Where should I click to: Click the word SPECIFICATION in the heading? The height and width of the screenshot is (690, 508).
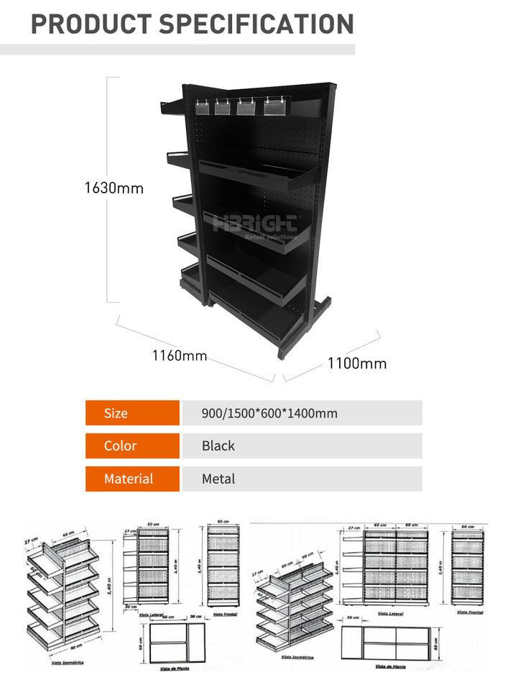coord(256,23)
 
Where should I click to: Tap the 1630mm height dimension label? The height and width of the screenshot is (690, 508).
coord(114,188)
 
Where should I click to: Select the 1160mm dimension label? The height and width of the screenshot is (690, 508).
coord(179,355)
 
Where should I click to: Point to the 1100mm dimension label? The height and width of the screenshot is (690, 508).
coord(357,363)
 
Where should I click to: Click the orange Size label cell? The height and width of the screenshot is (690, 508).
coord(132,413)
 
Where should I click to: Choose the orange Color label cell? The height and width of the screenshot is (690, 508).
coord(132,446)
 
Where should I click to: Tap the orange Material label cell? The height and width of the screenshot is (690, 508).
coord(132,479)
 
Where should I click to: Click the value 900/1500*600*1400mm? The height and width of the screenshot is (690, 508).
coord(269,413)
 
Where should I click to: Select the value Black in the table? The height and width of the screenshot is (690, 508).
coord(218,446)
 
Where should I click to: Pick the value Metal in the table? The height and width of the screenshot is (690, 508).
coord(218,479)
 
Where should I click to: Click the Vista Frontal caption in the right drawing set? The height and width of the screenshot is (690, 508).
coord(469,612)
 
